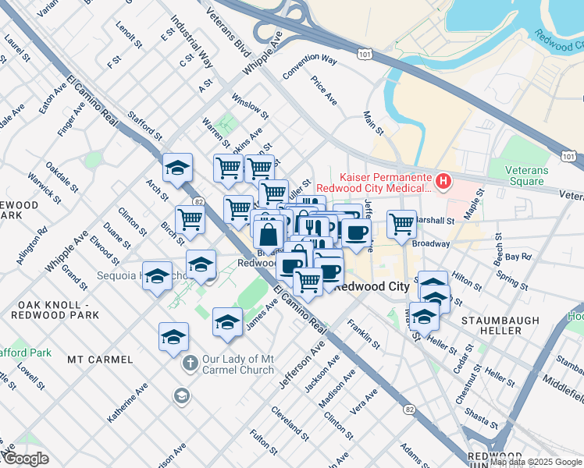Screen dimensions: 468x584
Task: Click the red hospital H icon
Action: (x=443, y=182)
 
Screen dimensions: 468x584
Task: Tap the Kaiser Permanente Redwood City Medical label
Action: (x=385, y=182)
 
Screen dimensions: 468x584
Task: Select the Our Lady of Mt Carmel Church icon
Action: (x=189, y=363)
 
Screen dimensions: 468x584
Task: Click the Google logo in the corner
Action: (x=25, y=459)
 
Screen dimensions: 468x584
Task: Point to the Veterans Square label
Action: (x=543, y=175)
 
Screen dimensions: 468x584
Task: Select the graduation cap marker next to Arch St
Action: (x=178, y=167)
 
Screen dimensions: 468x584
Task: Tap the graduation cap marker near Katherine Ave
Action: (x=173, y=336)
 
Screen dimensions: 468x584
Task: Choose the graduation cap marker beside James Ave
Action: (x=227, y=321)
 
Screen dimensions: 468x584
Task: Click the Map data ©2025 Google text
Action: (x=535, y=462)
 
